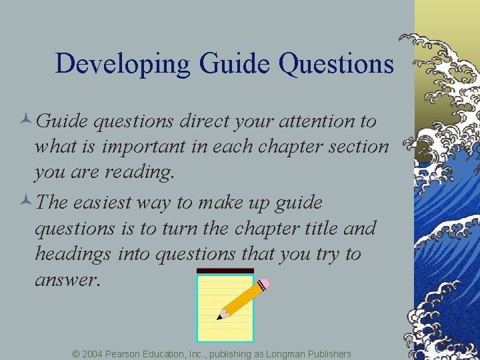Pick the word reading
(141, 172)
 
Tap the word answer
(67, 280)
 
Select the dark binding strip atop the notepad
(225, 271)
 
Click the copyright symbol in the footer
(76, 354)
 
